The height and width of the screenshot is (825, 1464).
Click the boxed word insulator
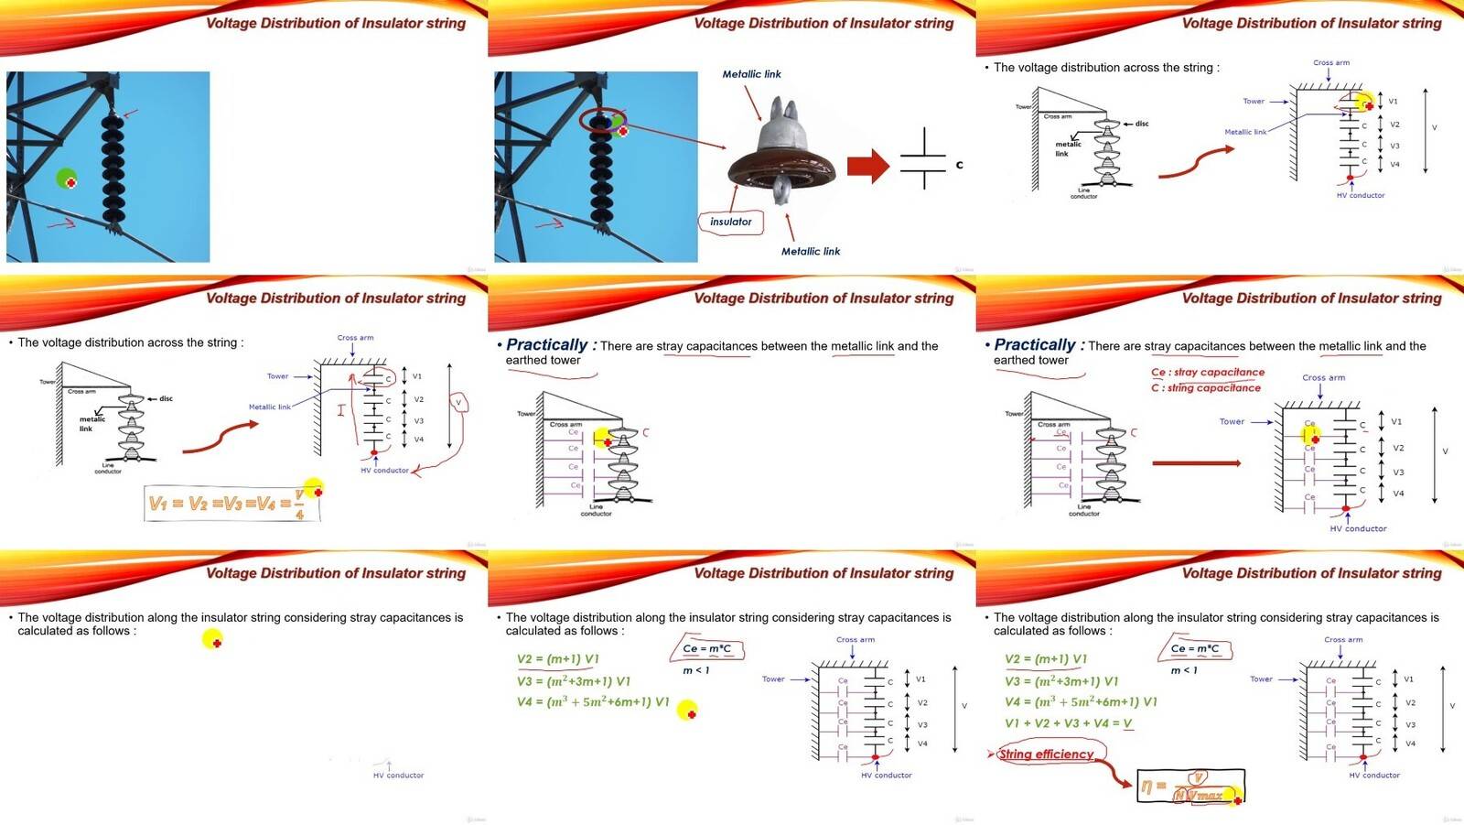730,222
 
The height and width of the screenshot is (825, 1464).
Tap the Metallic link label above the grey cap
751,74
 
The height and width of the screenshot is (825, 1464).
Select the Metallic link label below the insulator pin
810,251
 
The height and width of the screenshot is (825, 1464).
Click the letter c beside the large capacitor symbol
959,165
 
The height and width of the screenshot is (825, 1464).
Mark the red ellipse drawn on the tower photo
602,120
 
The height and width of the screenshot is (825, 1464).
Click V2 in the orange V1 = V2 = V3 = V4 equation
197,503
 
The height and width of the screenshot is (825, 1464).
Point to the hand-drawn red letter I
341,410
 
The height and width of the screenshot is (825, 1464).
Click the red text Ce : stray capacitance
1207,372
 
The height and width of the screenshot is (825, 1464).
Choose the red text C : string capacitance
1205,387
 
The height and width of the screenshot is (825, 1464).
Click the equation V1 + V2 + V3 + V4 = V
1068,723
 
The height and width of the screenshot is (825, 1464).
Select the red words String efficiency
1046,754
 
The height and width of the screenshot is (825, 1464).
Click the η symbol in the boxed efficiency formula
1147,786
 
